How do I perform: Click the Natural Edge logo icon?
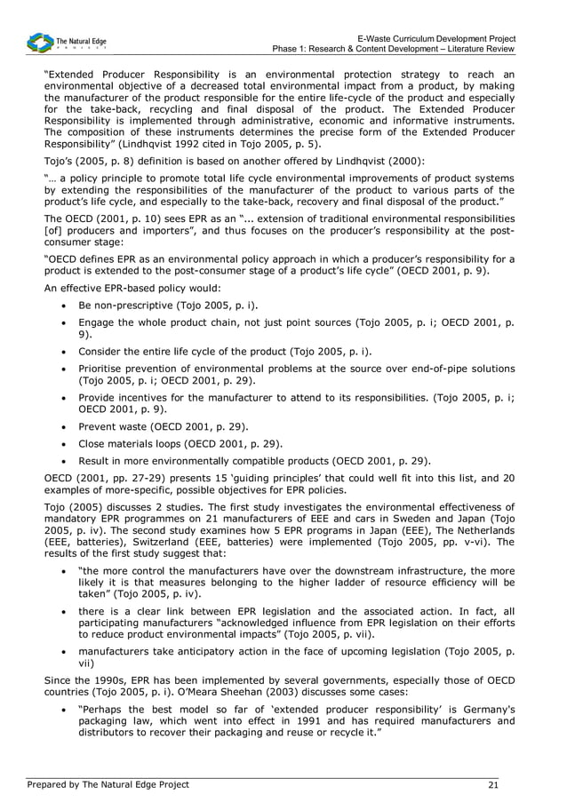tap(39, 42)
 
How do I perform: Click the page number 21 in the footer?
tap(493, 784)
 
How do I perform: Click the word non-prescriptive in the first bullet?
tap(130, 305)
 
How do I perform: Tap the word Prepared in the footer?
tap(48, 784)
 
